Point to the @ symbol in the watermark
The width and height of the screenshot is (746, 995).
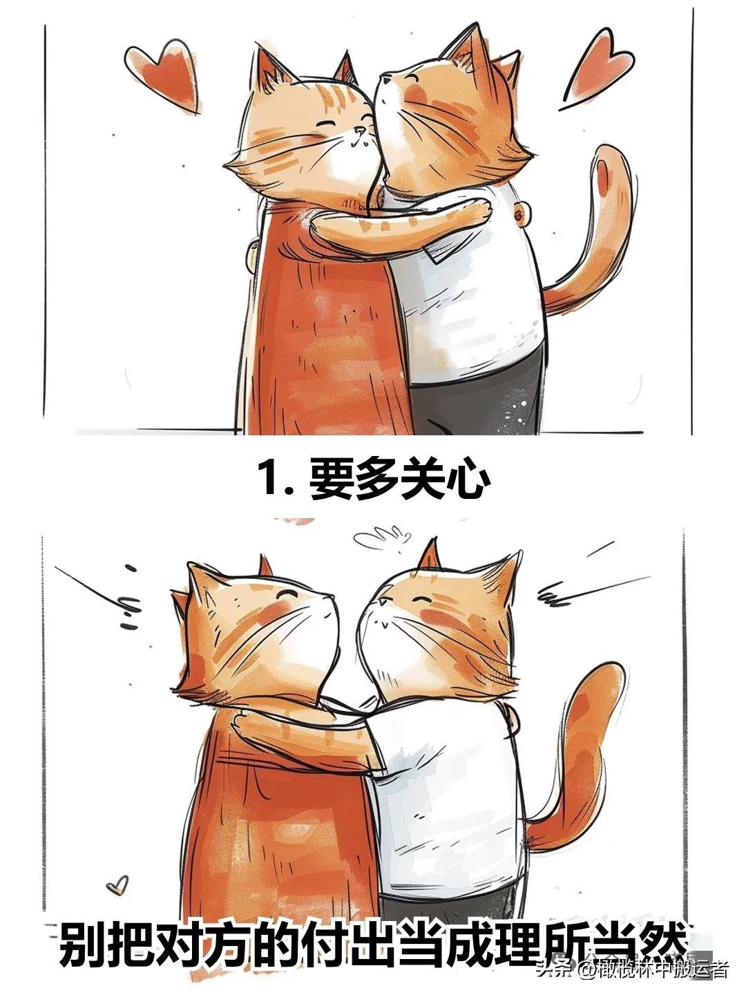pyautogui.click(x=587, y=969)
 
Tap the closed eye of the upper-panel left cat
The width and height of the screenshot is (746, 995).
pyautogui.click(x=325, y=124)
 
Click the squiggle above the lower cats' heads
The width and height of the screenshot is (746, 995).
pyautogui.click(x=380, y=537)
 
